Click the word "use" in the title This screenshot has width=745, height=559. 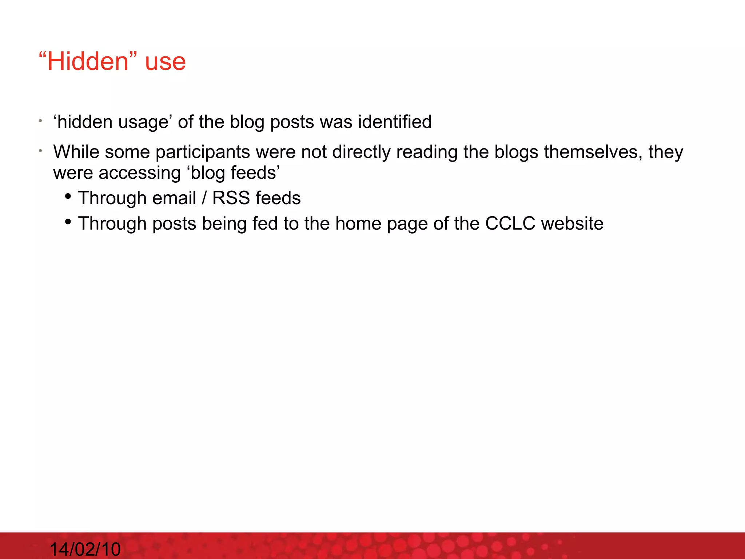coord(165,62)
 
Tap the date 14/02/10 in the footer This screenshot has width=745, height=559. coord(85,549)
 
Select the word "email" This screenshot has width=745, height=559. coord(174,198)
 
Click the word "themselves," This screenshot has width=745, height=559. coord(593,152)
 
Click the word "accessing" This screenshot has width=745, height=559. coord(139,173)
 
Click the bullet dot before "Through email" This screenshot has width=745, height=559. coord(68,197)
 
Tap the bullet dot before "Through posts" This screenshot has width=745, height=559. coord(68,222)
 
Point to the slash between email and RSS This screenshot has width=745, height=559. coord(204,198)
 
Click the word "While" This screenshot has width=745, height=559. coord(76,152)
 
